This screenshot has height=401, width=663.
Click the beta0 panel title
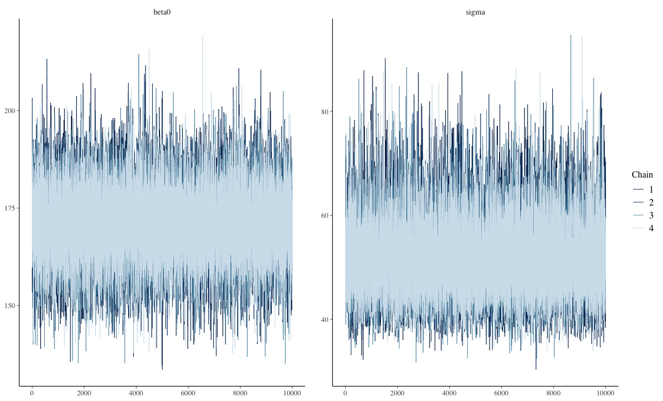click(162, 11)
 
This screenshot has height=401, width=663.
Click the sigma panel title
click(475, 11)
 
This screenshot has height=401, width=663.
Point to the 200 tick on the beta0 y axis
click(10, 111)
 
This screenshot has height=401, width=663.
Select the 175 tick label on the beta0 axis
click(10, 208)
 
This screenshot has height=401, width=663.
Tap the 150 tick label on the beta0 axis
click(10, 306)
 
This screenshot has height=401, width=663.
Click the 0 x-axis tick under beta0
click(32, 394)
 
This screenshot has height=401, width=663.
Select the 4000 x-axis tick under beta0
click(136, 394)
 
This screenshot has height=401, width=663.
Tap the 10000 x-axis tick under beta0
click(292, 394)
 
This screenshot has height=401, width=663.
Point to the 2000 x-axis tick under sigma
click(397, 394)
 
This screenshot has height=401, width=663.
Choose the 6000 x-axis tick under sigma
click(501, 394)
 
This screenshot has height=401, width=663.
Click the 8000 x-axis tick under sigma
click(553, 394)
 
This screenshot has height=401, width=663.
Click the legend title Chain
click(642, 174)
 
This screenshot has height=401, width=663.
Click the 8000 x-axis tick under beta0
click(240, 394)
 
